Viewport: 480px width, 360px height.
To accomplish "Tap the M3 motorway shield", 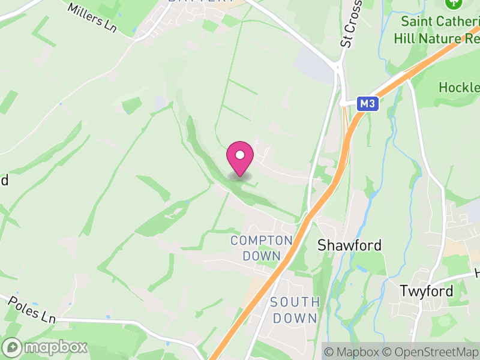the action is point(368,104).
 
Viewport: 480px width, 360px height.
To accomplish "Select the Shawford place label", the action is point(349,245).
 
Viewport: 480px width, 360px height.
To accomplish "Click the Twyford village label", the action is point(427,291).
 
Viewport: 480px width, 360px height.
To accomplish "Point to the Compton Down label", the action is point(262,248).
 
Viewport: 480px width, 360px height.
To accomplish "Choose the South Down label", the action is point(294,310).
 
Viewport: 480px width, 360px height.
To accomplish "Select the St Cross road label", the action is point(352,24).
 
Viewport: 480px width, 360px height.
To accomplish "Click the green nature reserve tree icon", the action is point(451,4).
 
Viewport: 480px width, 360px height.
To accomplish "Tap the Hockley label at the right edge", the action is point(459,87).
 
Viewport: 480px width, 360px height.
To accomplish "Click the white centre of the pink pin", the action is point(240,155).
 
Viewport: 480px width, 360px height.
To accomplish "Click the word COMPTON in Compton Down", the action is point(262,241).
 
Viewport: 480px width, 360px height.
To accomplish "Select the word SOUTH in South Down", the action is point(294,302).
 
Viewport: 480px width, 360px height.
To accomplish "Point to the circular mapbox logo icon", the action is point(13,347).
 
